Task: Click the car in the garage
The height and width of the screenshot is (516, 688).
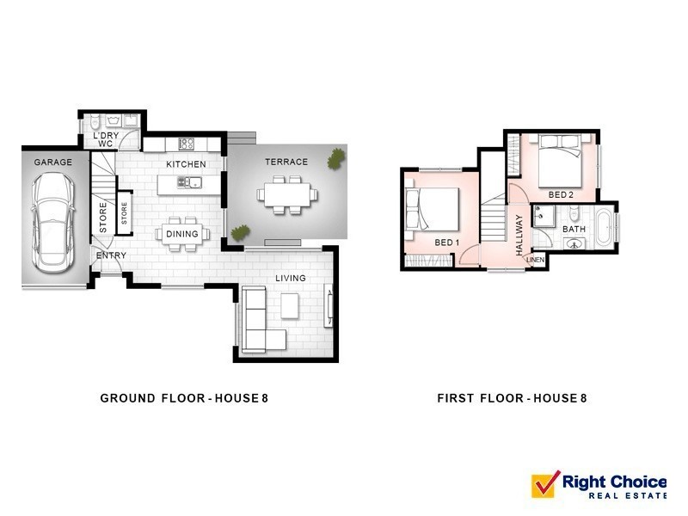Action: pyautogui.click(x=52, y=224)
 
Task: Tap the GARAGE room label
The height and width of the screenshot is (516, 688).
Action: pyautogui.click(x=53, y=163)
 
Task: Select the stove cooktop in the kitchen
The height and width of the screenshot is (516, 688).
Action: pyautogui.click(x=186, y=143)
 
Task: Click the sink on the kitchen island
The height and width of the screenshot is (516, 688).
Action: pyautogui.click(x=189, y=182)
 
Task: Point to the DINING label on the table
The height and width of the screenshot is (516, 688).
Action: pyautogui.click(x=182, y=234)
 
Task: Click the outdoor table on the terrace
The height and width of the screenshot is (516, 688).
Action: pyautogui.click(x=287, y=194)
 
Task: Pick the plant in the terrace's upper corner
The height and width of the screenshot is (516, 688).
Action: pyautogui.click(x=336, y=158)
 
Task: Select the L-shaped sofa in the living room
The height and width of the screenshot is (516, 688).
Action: pyautogui.click(x=261, y=319)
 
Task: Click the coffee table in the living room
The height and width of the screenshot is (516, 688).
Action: pyautogui.click(x=290, y=306)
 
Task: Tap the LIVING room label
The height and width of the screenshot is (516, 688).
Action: pyautogui.click(x=291, y=278)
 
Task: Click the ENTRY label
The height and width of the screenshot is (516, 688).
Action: pyautogui.click(x=111, y=255)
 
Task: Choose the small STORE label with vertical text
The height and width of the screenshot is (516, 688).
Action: pyautogui.click(x=124, y=213)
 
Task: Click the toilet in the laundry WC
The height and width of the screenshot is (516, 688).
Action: pyautogui.click(x=95, y=121)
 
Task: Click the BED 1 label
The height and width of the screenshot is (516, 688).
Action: pyautogui.click(x=446, y=243)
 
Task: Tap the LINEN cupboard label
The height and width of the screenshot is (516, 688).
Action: pyautogui.click(x=535, y=260)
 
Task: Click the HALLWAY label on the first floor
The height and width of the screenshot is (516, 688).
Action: pyautogui.click(x=519, y=235)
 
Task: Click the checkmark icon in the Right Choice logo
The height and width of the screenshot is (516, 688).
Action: pyautogui.click(x=545, y=484)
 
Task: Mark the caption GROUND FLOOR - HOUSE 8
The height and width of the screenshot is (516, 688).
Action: pyautogui.click(x=184, y=398)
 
